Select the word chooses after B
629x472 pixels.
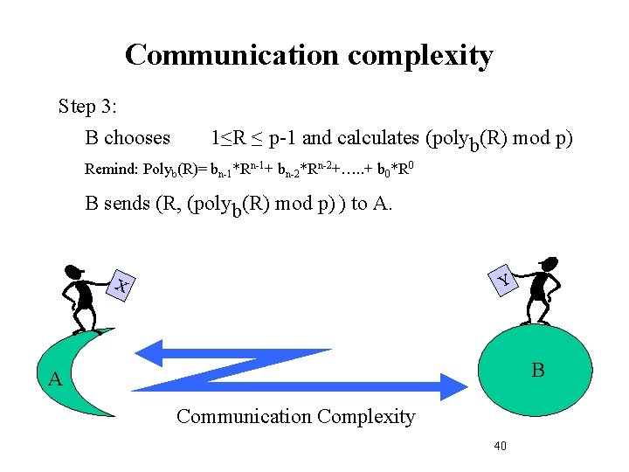(x=136, y=138)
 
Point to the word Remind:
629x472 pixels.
(x=110, y=169)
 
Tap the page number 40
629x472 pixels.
(x=501, y=446)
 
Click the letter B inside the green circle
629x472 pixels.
(x=538, y=371)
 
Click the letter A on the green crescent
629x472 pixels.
(x=55, y=379)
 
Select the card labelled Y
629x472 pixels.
(x=504, y=279)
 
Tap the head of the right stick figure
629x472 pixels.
(x=549, y=263)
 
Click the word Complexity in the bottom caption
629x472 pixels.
(x=367, y=417)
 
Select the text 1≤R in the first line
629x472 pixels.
(x=229, y=138)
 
